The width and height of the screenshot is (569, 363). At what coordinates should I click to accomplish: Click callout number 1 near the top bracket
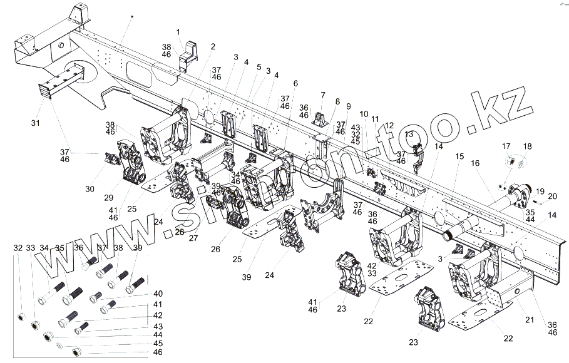coord(178,32)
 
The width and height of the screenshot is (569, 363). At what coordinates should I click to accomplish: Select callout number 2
coord(213,46)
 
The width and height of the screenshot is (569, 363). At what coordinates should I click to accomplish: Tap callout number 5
coord(259,66)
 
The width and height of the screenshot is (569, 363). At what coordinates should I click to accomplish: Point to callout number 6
coord(295,83)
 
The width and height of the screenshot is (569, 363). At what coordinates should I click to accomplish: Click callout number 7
coord(323,95)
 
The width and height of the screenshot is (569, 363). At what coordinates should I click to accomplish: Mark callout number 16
coord(475,163)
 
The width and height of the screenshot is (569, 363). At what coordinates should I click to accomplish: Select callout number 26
coord(216,250)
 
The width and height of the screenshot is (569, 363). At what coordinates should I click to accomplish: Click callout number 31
coord(35,123)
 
